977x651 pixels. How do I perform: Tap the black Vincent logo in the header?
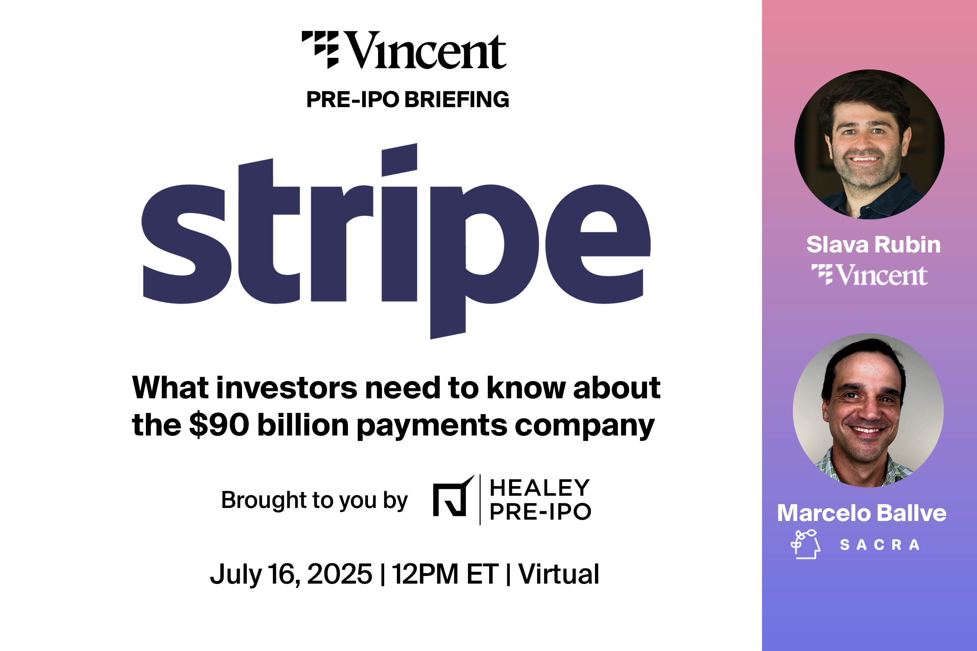[404, 50]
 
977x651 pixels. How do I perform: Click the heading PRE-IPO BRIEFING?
[407, 99]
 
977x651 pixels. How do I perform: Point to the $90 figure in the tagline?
[219, 425]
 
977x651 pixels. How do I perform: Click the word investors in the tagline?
[286, 388]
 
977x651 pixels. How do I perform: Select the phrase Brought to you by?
[314, 500]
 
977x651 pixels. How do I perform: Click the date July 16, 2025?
[291, 574]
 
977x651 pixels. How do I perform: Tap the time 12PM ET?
[445, 574]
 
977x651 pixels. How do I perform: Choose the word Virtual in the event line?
[559, 574]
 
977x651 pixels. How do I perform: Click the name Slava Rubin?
[873, 244]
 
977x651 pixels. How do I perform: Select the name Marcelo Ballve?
[862, 513]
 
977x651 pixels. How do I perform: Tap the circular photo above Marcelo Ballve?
[868, 410]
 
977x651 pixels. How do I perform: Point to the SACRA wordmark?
[879, 545]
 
